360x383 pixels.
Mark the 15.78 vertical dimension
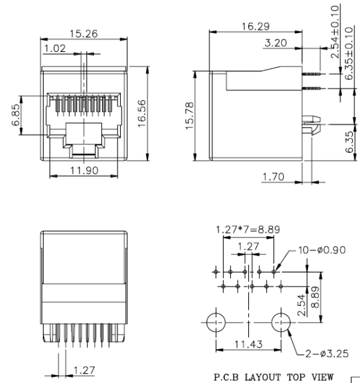187,116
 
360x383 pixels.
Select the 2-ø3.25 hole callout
320,354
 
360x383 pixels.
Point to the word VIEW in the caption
320,376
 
